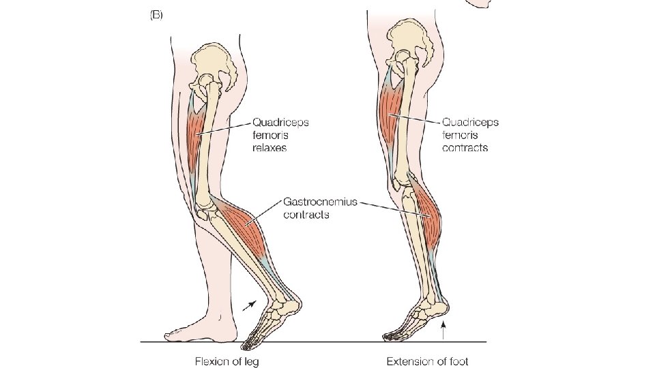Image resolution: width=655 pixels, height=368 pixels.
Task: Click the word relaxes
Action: tap(270, 147)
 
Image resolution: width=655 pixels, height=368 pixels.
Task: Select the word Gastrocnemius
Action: tap(319, 202)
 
